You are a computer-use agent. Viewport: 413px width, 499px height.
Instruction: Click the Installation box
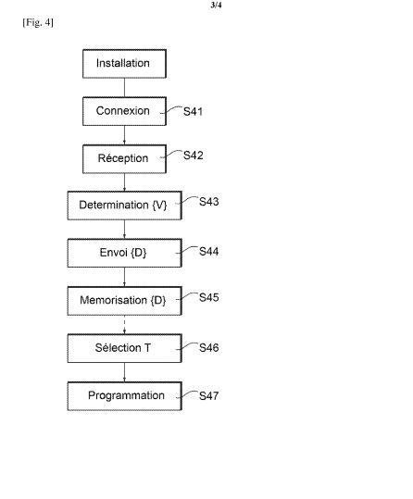(x=124, y=64)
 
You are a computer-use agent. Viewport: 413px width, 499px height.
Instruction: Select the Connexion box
(x=124, y=111)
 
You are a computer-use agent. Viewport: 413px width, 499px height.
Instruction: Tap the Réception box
(x=124, y=159)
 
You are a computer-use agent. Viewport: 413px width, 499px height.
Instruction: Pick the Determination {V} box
(x=124, y=206)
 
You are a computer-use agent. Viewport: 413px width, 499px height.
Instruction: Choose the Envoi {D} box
(x=124, y=253)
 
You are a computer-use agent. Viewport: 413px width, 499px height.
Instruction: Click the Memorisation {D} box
(x=124, y=301)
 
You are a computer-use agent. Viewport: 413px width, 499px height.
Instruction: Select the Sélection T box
(x=124, y=348)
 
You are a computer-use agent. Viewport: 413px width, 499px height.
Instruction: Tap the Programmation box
(x=124, y=396)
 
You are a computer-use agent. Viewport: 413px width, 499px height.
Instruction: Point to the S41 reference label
(x=193, y=112)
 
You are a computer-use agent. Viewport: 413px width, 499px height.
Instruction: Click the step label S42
(x=193, y=156)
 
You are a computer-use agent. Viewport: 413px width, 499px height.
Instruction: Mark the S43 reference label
(x=209, y=202)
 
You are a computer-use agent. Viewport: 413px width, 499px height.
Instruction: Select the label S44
(x=209, y=252)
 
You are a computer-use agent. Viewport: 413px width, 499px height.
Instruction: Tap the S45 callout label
(x=209, y=297)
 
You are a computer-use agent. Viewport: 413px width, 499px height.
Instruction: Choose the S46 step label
(x=209, y=347)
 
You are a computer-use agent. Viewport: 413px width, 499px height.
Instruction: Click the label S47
(x=209, y=396)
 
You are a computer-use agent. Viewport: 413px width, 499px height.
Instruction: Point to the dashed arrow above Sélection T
(x=124, y=325)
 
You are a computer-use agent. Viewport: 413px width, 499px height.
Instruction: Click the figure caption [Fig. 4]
(x=38, y=22)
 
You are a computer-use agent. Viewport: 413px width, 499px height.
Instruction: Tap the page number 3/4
(x=216, y=6)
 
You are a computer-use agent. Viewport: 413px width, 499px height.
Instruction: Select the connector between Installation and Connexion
(x=124, y=88)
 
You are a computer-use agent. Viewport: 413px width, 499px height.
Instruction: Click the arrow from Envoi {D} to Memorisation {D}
(x=124, y=277)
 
